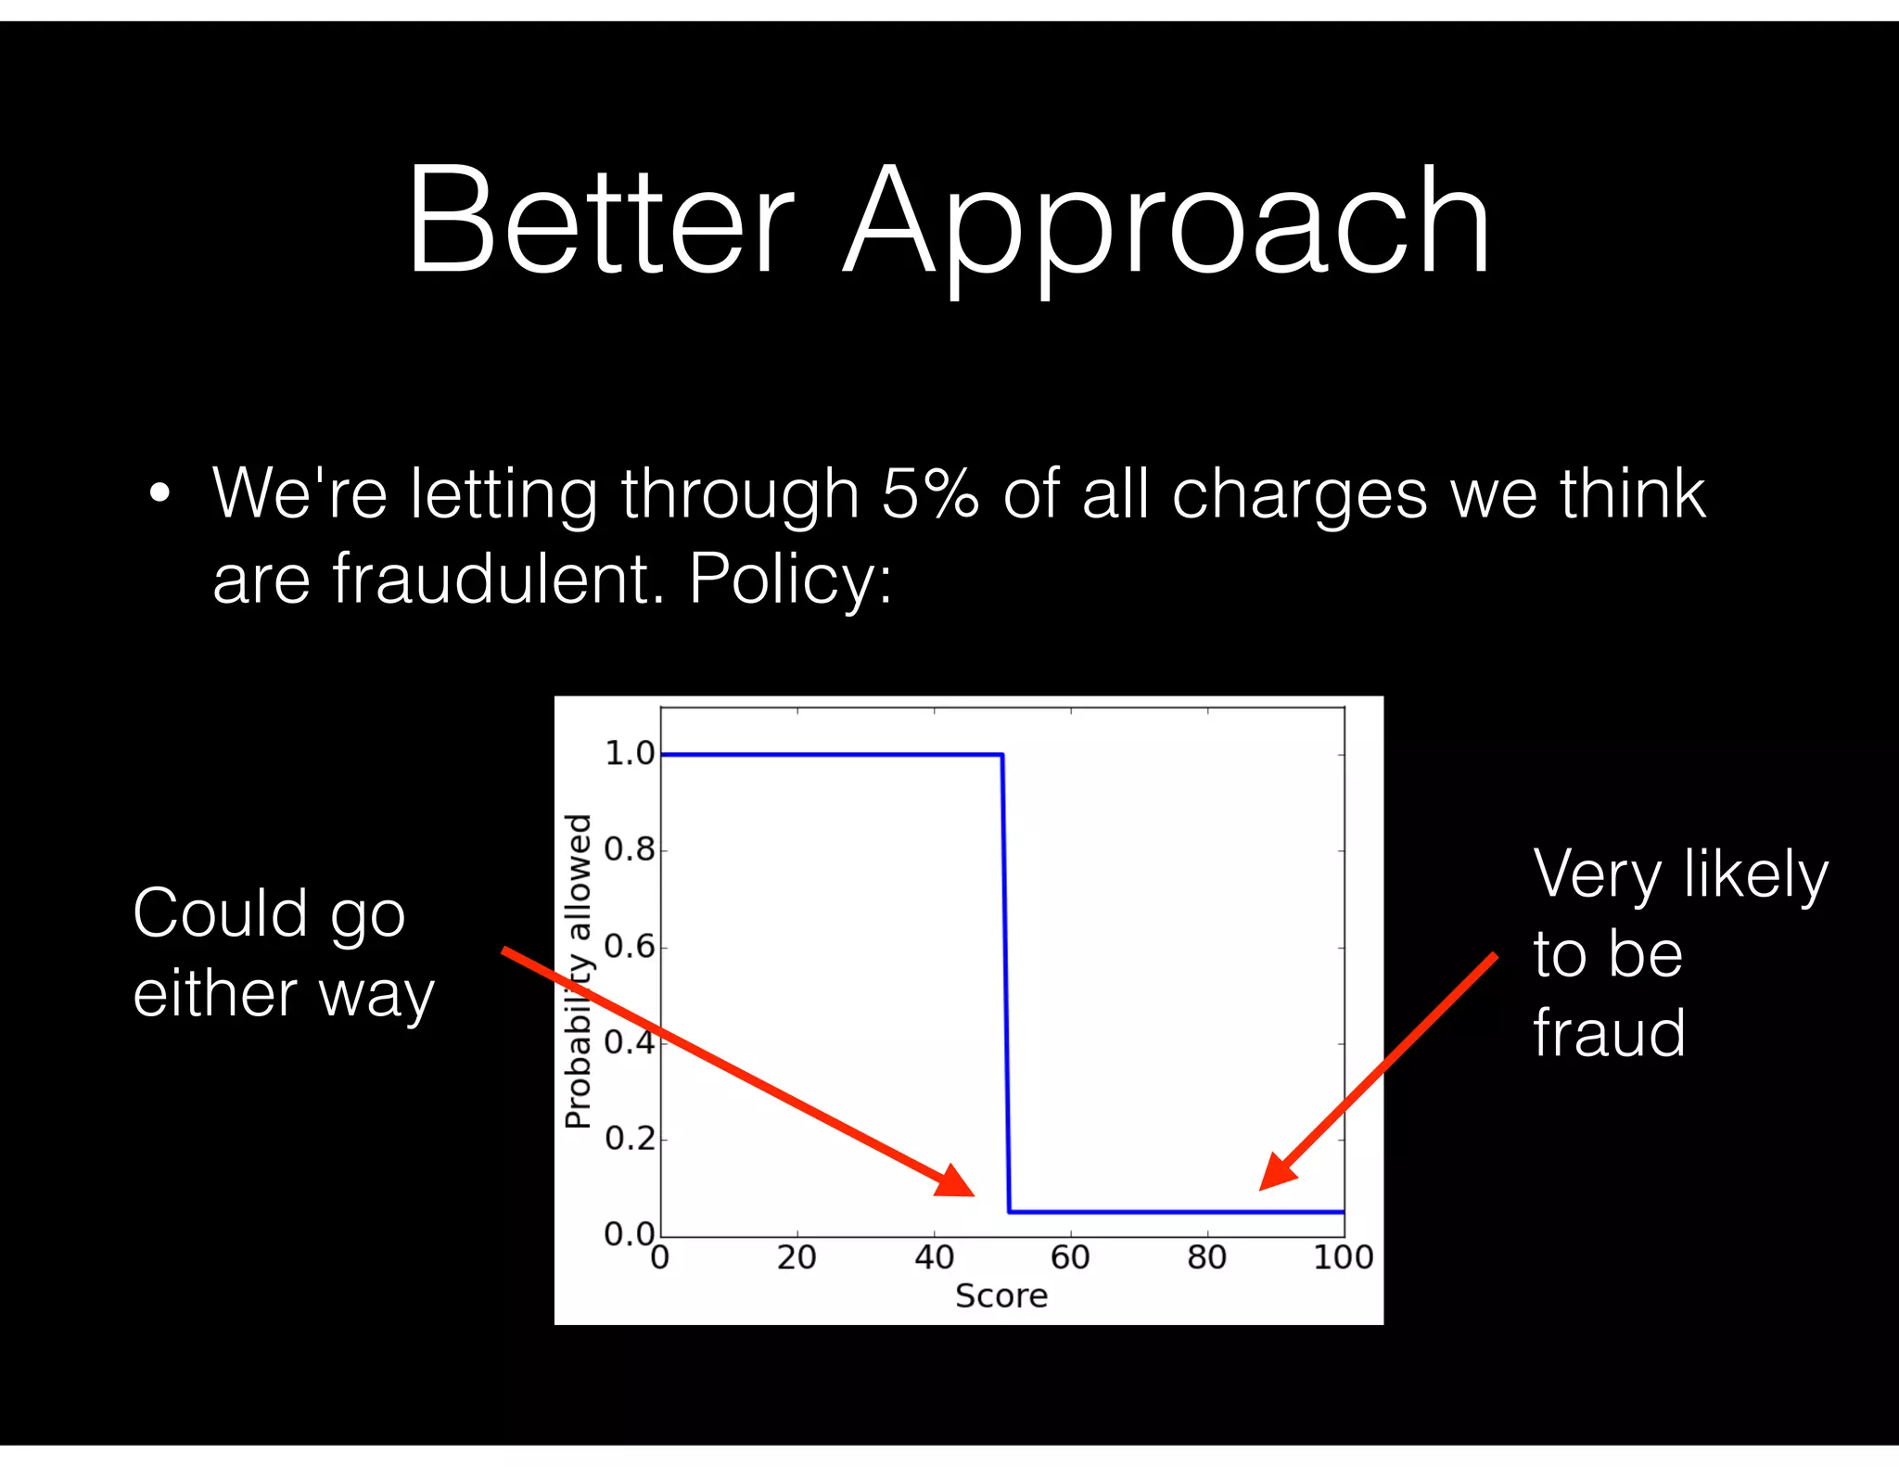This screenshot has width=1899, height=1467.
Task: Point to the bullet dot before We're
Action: point(159,494)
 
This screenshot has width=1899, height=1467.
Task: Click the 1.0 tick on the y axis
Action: point(630,754)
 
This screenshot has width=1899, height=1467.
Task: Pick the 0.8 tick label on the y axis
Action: point(630,849)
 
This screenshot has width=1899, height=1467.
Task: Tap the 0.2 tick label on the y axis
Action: point(630,1138)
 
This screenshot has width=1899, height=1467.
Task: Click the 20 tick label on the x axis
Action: point(797,1257)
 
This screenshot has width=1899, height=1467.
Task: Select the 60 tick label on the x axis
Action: point(1070,1257)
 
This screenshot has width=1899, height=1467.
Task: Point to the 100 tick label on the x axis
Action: point(1343,1257)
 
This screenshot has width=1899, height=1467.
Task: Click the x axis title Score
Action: point(1001,1295)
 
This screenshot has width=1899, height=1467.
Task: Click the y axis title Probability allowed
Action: point(579,971)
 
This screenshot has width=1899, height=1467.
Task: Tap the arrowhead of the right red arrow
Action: point(1276,1173)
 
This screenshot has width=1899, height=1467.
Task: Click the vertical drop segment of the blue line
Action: point(1006,983)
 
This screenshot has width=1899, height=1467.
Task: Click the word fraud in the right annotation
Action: point(1609,1033)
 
